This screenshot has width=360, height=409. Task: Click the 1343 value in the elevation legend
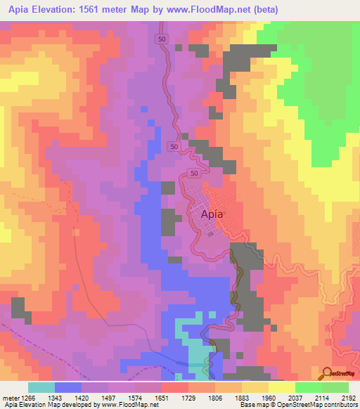[x=55, y=398]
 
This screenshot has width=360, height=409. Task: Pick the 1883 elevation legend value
[x=242, y=398]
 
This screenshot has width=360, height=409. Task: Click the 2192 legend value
[x=349, y=398]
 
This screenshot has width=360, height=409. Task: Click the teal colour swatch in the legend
[x=41, y=387]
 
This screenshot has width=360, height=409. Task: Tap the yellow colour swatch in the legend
[x=281, y=387]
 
